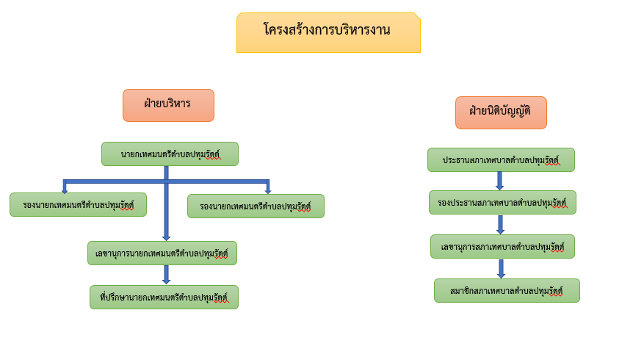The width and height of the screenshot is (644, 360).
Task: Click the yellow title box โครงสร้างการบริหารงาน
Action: pyautogui.click(x=328, y=32)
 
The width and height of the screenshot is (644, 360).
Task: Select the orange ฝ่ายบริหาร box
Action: pyautogui.click(x=168, y=105)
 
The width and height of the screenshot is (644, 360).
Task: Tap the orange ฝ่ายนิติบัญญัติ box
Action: pyautogui.click(x=501, y=112)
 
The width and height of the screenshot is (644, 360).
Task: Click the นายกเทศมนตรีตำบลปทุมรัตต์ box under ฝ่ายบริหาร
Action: pyautogui.click(x=170, y=154)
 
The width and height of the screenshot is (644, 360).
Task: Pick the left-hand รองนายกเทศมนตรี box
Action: pyautogui.click(x=78, y=205)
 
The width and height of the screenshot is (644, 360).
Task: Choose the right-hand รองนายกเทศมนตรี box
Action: pyautogui.click(x=256, y=206)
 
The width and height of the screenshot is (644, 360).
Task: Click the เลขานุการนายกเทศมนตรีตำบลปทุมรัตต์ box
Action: pyautogui.click(x=162, y=253)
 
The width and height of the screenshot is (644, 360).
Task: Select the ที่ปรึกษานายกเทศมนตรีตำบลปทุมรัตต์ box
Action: pyautogui.click(x=164, y=297)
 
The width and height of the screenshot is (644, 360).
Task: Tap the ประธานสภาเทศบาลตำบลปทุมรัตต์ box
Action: pyautogui.click(x=501, y=160)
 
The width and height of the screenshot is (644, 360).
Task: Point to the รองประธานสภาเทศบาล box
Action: pyautogui.click(x=503, y=203)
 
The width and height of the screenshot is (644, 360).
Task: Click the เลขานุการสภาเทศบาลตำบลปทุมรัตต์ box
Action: pyautogui.click(x=503, y=247)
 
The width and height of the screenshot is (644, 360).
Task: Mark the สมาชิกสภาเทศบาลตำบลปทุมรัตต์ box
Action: pyautogui.click(x=507, y=290)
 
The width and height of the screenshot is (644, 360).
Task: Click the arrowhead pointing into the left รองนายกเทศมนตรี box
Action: pyautogui.click(x=65, y=191)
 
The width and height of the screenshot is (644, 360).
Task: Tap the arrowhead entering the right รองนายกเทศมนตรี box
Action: pyautogui.click(x=268, y=191)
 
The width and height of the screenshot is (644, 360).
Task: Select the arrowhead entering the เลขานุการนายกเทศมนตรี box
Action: pyautogui.click(x=167, y=238)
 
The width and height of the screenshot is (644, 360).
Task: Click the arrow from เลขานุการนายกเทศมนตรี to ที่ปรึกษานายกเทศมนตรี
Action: pyautogui.click(x=167, y=275)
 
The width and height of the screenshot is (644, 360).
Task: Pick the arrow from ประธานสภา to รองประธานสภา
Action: pyautogui.click(x=500, y=181)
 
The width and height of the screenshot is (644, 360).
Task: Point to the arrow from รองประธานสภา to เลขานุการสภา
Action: pyautogui.click(x=501, y=224)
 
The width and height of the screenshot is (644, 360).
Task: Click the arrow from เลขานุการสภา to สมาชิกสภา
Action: pyautogui.click(x=501, y=269)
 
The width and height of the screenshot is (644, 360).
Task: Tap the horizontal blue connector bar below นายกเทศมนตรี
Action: pyautogui.click(x=167, y=181)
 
